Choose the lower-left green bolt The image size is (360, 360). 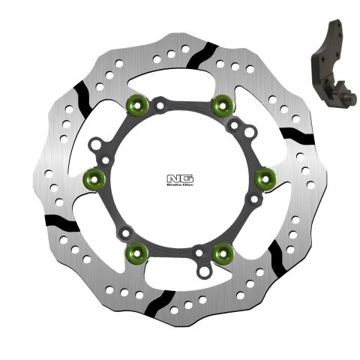(135, 251)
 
